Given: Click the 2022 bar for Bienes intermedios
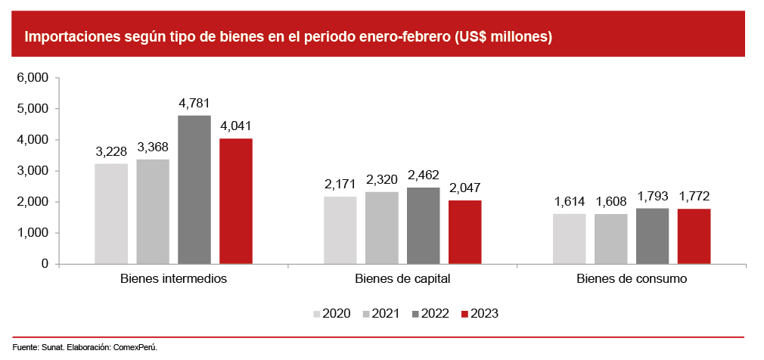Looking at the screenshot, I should (194, 189).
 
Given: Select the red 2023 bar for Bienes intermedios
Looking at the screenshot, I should (235, 201).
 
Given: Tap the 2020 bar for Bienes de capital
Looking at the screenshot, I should (340, 230).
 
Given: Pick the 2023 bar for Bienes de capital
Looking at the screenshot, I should (464, 231).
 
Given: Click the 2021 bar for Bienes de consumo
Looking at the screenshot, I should (610, 238).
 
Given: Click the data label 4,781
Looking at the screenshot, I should (194, 103).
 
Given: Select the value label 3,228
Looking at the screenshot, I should (111, 151).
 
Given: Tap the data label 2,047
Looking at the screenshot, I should (464, 188).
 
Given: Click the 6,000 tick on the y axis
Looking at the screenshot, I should (33, 78).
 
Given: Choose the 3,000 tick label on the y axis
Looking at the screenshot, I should (33, 171).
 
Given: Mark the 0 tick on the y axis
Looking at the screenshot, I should (45, 264).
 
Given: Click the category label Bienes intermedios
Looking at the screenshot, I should (173, 278).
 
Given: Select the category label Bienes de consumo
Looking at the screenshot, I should (631, 278).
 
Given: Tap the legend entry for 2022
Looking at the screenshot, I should (433, 313).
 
